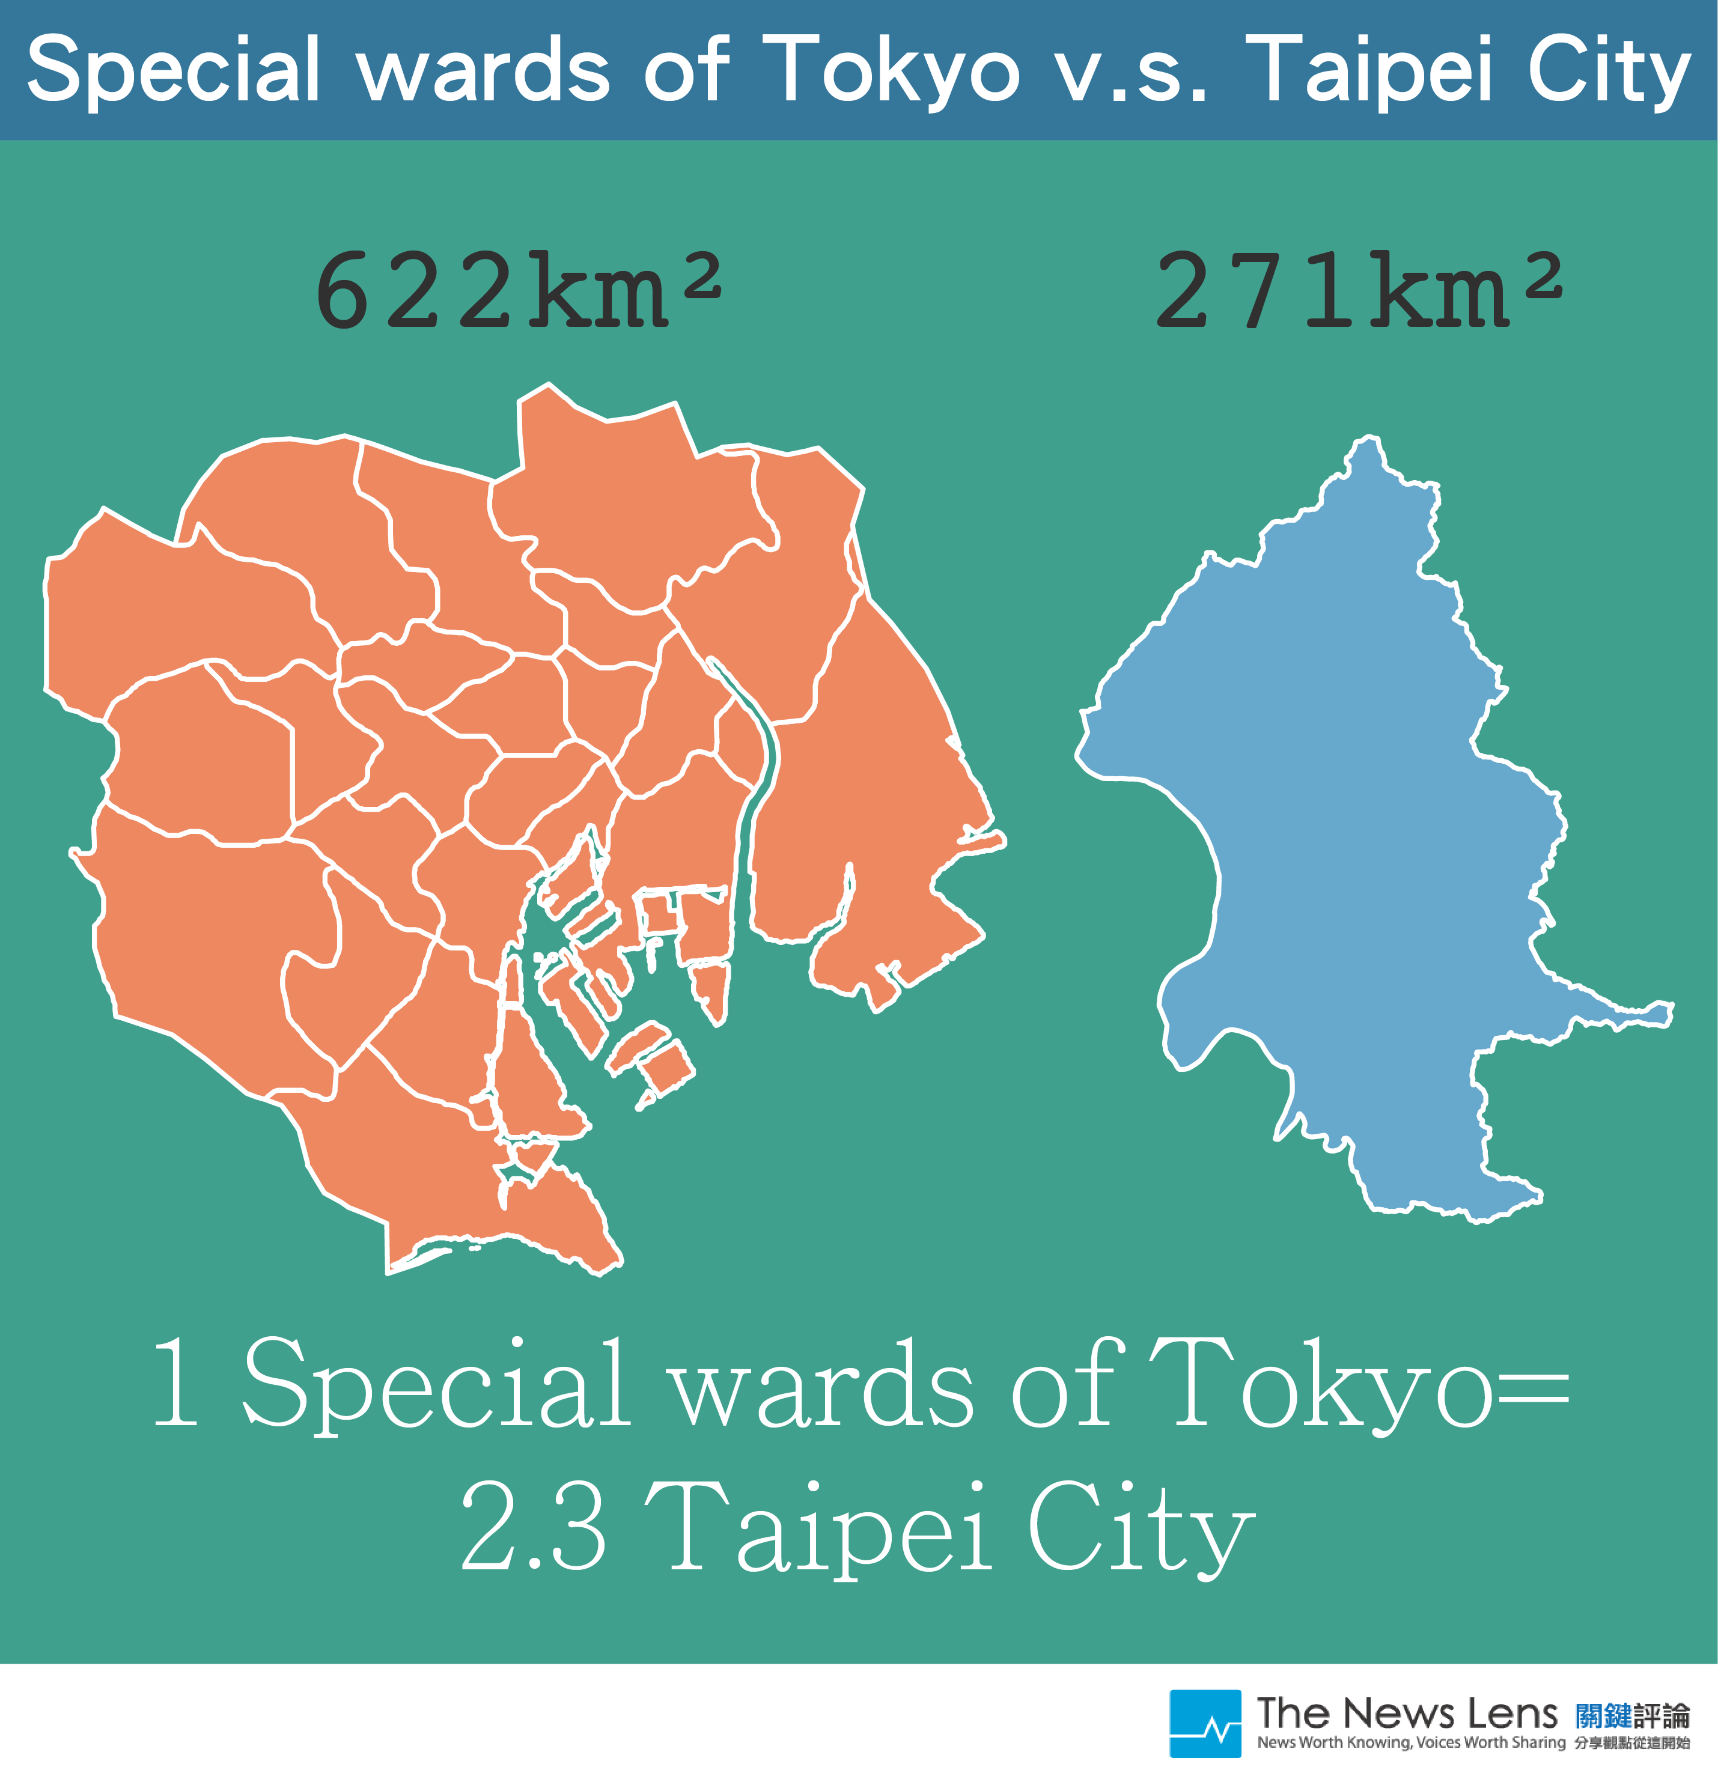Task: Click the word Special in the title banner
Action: click(x=173, y=70)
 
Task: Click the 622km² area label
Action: click(x=517, y=290)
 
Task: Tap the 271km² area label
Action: click(x=1359, y=290)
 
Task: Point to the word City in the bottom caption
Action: click(x=1141, y=1530)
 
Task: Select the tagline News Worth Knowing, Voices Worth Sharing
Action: click(x=1411, y=1743)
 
